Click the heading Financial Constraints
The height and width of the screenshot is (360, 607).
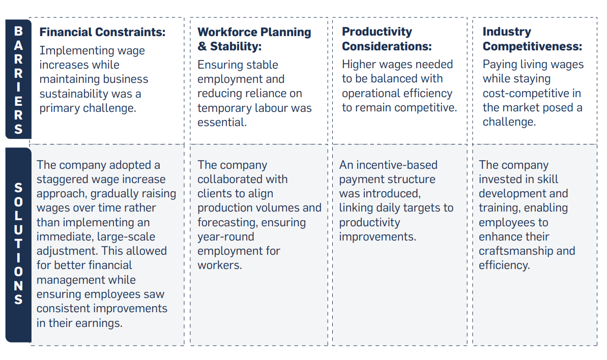pyautogui.click(x=102, y=32)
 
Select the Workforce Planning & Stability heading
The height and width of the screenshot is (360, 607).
pyautogui.click(x=254, y=39)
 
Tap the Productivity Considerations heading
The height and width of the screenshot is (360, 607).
pyautogui.click(x=386, y=39)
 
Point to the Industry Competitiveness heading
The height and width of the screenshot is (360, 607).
pyautogui.click(x=532, y=39)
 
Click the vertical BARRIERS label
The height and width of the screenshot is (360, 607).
pyautogui.click(x=18, y=80)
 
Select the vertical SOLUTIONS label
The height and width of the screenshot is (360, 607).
pyautogui.click(x=18, y=243)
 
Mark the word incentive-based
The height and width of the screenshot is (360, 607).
pyautogui.click(x=397, y=165)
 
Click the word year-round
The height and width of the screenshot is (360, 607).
pyautogui.click(x=226, y=236)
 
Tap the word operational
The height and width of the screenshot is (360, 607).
pyautogui.click(x=371, y=94)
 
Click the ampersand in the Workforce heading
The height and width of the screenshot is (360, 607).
pyautogui.click(x=202, y=46)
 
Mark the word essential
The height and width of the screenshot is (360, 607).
pyautogui.click(x=222, y=123)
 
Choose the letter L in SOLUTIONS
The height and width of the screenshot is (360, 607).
pyautogui.click(x=18, y=216)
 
